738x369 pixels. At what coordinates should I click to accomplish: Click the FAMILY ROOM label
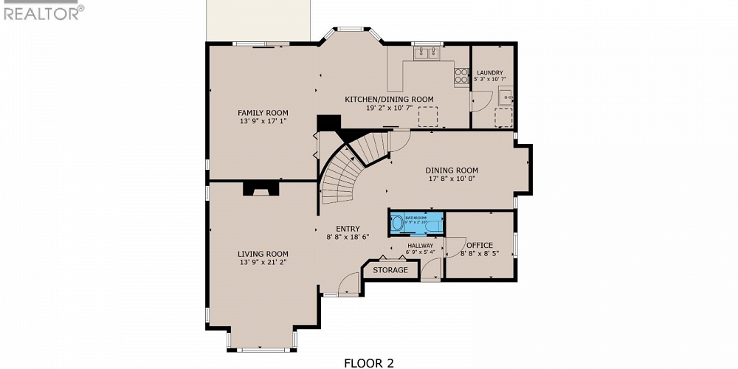(263, 113)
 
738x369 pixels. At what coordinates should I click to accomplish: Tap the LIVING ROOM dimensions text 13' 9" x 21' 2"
(263, 262)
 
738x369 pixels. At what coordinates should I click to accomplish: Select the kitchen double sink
(426, 52)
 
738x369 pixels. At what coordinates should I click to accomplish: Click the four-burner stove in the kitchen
(461, 75)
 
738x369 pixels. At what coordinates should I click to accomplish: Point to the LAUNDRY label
(489, 72)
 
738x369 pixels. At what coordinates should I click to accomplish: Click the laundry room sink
(506, 95)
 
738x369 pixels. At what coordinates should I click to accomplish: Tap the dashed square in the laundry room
(503, 117)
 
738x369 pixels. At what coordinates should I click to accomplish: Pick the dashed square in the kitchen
(428, 117)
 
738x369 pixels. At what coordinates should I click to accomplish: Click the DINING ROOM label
(452, 170)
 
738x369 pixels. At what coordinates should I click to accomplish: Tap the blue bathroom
(417, 221)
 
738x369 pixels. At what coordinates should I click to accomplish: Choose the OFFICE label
(479, 245)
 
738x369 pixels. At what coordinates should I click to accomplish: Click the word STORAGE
(390, 270)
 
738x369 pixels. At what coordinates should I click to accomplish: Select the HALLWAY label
(420, 245)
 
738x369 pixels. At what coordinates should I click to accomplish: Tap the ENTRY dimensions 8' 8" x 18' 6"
(348, 237)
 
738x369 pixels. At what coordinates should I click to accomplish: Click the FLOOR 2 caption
(369, 362)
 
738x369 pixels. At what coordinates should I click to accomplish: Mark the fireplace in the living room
(262, 190)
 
